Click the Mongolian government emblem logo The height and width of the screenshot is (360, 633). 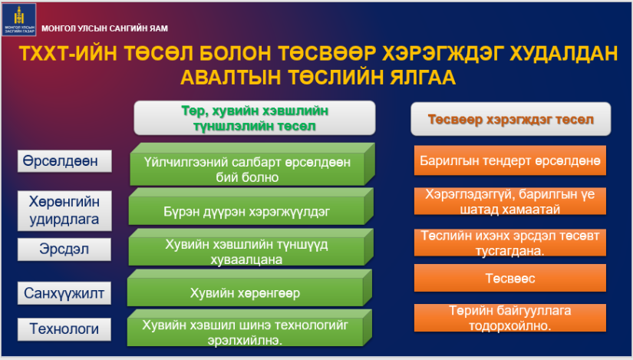[19, 19]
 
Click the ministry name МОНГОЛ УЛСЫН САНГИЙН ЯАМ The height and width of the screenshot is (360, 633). [104, 28]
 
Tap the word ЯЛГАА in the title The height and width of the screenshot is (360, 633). [423, 78]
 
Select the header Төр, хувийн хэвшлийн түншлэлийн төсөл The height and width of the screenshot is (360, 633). [255, 118]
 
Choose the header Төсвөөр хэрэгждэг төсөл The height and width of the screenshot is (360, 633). [511, 119]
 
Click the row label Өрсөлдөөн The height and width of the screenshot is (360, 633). [64, 161]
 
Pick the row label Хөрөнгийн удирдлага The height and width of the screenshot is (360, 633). [64, 210]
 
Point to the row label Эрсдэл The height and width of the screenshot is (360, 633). [64, 249]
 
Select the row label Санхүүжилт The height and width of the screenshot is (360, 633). [64, 293]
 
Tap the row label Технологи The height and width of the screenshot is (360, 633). [64, 329]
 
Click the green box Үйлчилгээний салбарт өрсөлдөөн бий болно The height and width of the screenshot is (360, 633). [252, 164]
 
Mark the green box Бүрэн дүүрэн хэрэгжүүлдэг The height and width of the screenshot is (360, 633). [251, 206]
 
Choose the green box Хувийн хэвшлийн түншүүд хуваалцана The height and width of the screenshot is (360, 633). [251, 247]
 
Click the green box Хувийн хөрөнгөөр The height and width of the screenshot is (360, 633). [249, 288]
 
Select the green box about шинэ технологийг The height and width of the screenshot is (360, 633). [249, 328]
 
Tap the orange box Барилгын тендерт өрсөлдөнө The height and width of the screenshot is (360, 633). [510, 160]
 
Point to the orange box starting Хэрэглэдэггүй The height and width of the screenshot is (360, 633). [510, 201]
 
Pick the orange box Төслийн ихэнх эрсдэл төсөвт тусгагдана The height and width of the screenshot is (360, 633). [510, 243]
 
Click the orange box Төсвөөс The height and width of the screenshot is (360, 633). [510, 278]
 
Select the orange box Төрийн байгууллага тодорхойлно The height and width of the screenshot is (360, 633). [510, 318]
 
